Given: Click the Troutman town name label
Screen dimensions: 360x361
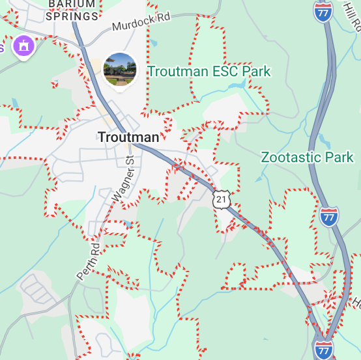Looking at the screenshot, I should [128, 137].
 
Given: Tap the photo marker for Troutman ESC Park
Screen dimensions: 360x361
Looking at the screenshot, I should [120, 70].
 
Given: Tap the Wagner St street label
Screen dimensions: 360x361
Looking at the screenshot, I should [123, 178].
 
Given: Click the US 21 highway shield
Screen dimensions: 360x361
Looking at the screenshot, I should [222, 199].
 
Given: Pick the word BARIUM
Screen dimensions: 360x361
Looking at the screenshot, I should [72, 4].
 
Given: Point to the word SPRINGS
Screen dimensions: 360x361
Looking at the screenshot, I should [72, 16].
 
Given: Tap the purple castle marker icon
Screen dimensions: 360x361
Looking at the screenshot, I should [24, 46].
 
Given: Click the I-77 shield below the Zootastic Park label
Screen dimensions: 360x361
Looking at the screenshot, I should [330, 215].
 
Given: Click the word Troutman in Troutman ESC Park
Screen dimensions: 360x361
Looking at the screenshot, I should [173, 71].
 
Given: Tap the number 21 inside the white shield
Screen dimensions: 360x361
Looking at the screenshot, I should [222, 200].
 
